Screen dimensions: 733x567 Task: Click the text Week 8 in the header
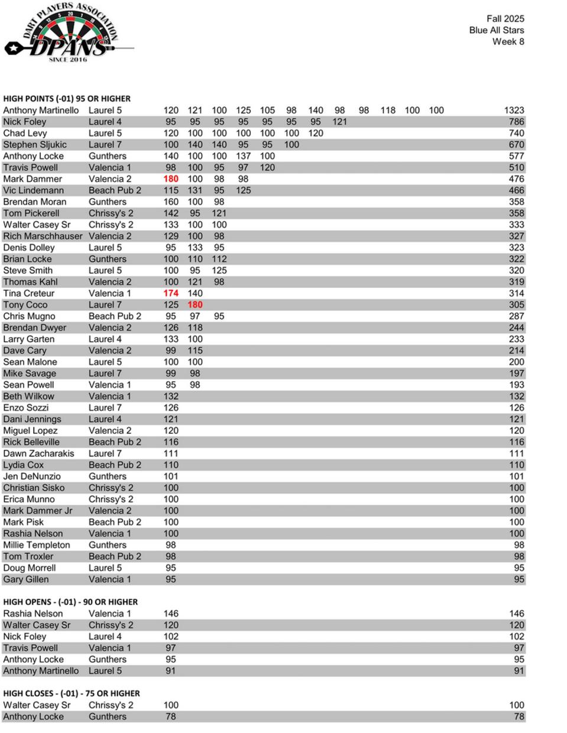(508, 41)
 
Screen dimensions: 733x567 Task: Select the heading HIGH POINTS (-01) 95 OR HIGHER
(67, 99)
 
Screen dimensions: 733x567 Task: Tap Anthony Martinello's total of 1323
(514, 110)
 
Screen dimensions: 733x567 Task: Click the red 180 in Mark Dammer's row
(171, 179)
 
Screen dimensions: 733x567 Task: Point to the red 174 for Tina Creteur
(171, 293)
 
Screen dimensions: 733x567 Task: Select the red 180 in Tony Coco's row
(195, 304)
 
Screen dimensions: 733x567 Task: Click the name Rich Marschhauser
(43, 236)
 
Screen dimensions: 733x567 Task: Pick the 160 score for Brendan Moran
(171, 202)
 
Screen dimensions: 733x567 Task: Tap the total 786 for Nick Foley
(516, 122)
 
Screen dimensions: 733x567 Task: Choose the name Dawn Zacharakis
(38, 453)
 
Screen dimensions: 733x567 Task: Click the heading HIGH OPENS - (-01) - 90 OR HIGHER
(70, 602)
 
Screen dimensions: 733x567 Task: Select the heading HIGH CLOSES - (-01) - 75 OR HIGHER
(72, 693)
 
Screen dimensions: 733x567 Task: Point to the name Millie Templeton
(37, 545)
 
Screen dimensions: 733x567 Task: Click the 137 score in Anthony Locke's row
(243, 156)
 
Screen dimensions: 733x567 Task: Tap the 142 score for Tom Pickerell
(171, 213)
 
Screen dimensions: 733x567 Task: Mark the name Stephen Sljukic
(35, 144)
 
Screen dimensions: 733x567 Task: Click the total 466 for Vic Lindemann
(516, 190)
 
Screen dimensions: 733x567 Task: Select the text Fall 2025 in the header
(505, 19)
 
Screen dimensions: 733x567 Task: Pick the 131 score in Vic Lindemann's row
(195, 190)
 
